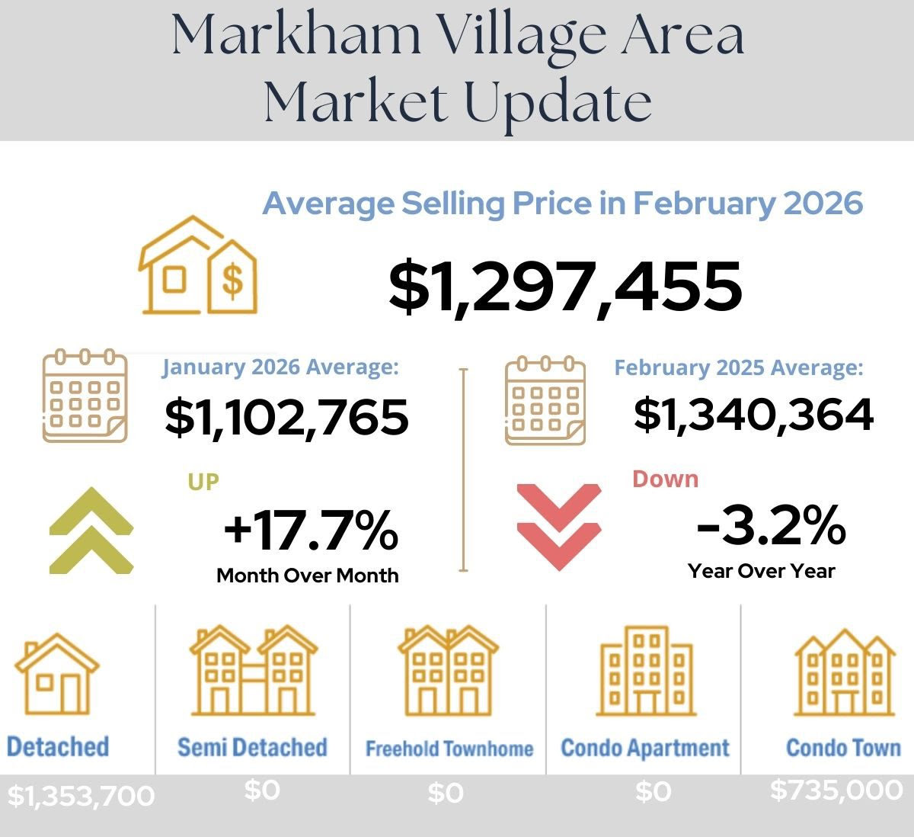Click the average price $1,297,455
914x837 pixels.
pos(565,287)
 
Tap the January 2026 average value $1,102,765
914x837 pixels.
pos(286,418)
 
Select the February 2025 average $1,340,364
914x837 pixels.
pos(753,415)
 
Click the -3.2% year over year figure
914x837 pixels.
pos(770,525)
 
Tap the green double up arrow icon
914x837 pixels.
pos(91,530)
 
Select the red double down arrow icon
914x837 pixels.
pos(558,526)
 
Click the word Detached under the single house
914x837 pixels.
pos(58,746)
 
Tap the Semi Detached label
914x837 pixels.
pos(252,747)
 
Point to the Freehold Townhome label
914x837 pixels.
pos(449,749)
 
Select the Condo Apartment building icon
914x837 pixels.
pos(646,672)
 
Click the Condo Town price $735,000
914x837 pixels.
pos(836,790)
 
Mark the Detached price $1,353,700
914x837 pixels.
pos(81,796)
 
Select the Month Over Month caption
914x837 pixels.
pos(307,575)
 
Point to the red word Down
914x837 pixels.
pos(665,479)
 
